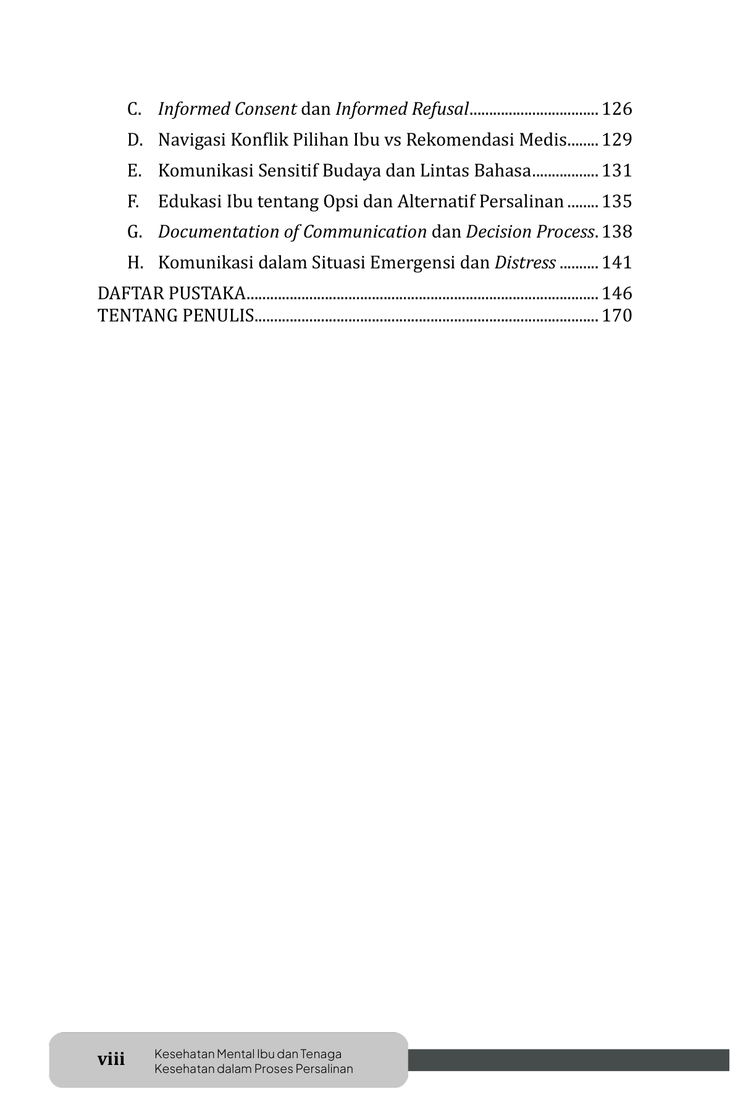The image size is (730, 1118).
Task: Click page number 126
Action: [617, 109]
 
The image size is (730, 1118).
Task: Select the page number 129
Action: [617, 140]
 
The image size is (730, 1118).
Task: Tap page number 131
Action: [617, 171]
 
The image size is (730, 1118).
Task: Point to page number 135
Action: [617, 202]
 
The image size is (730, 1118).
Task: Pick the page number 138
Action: [617, 232]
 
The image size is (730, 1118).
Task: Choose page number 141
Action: [617, 263]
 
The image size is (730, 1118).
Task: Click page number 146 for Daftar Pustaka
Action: [617, 293]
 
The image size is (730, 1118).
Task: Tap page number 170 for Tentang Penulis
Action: [617, 316]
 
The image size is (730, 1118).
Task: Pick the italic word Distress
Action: [525, 263]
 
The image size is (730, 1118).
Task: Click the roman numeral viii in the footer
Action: [111, 1060]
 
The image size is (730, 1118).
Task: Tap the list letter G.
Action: [135, 232]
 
